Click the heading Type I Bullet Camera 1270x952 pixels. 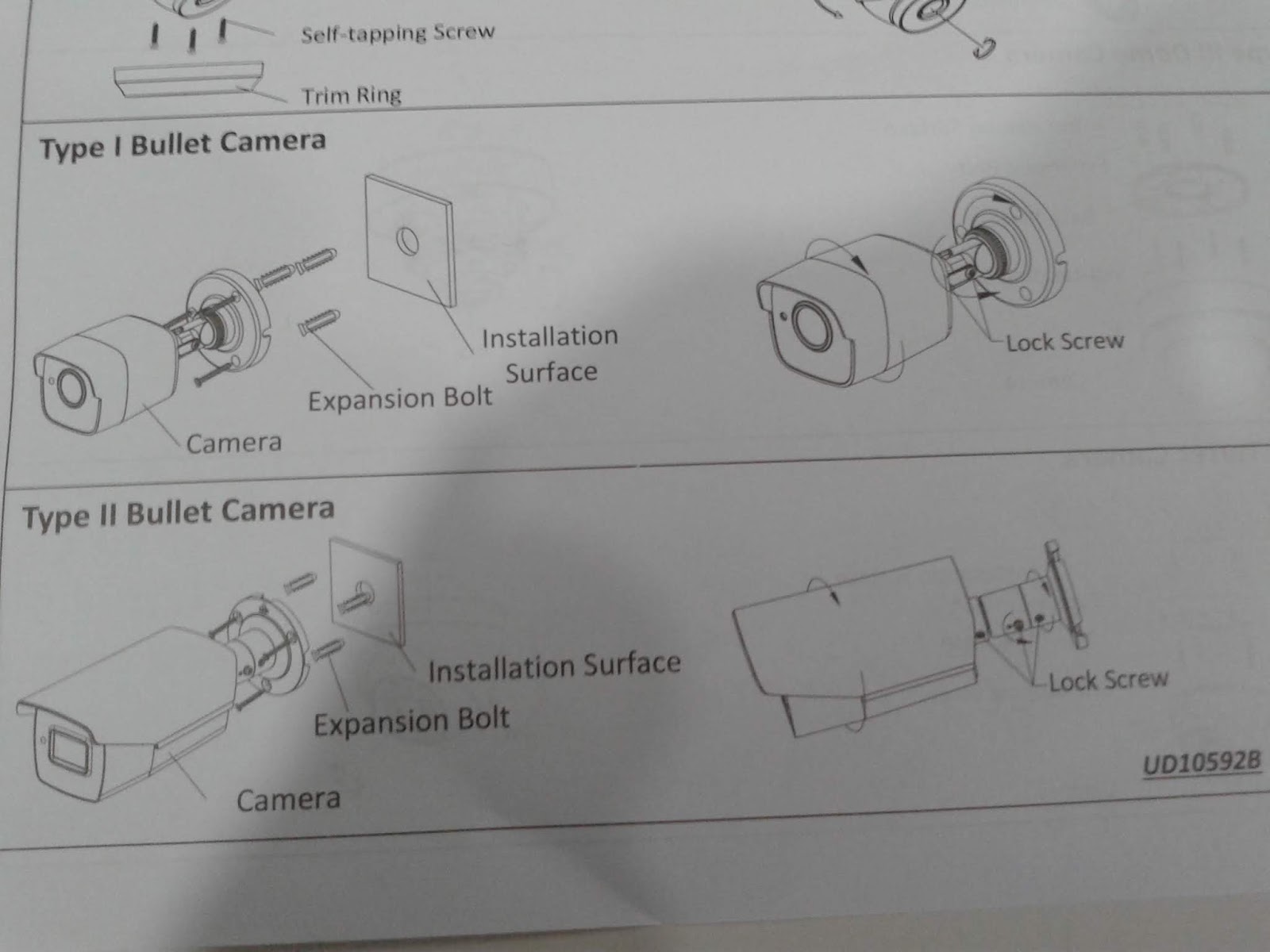[x=183, y=144]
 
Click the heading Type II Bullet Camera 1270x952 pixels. [x=178, y=512]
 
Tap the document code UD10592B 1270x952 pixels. [x=1201, y=763]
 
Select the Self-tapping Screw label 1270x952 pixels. [x=397, y=33]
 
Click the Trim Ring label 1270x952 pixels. [x=351, y=96]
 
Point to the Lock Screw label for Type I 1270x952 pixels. [x=1064, y=342]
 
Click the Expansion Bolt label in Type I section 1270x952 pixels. [x=400, y=399]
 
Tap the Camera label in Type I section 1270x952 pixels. [x=233, y=443]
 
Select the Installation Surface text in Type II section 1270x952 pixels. [x=554, y=666]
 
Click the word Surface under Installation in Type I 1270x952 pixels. [x=551, y=372]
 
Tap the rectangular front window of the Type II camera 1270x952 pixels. [x=67, y=749]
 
